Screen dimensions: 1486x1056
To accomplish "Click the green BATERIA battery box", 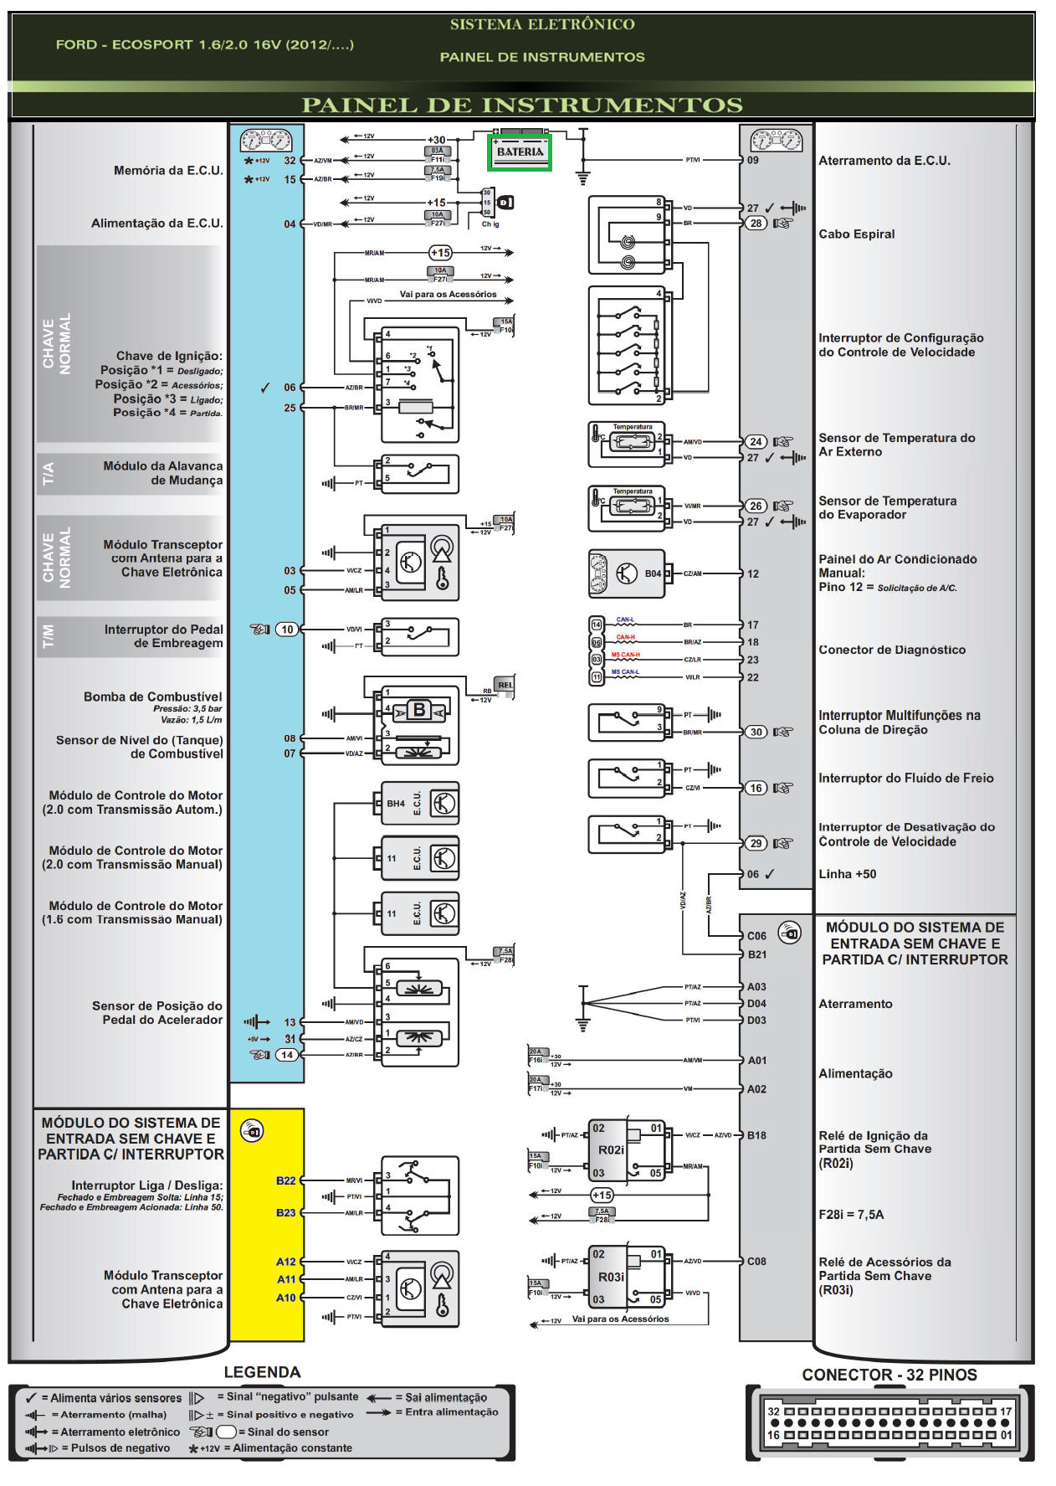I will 519,152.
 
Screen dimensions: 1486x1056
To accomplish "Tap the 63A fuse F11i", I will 438,155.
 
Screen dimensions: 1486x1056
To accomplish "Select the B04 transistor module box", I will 626,573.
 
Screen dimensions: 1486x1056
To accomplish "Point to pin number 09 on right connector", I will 753,160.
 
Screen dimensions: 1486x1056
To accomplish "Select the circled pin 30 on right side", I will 756,732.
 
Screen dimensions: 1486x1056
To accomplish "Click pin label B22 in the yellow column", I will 286,1180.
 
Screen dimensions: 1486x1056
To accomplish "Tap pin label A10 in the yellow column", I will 286,1298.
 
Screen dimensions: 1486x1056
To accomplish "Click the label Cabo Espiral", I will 856,234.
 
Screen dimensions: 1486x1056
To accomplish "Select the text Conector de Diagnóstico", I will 891,650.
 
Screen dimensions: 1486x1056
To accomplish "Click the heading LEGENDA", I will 262,1372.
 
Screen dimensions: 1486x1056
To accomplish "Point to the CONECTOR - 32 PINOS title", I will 889,1375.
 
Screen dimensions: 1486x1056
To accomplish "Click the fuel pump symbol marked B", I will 418,711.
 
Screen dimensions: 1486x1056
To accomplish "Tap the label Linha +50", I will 847,874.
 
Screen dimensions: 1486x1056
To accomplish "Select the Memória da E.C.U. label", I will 168,171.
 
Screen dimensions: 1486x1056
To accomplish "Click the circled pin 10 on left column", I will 287,630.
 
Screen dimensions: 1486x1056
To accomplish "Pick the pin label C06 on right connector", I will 756,936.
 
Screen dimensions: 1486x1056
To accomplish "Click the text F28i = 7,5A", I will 850,1215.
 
